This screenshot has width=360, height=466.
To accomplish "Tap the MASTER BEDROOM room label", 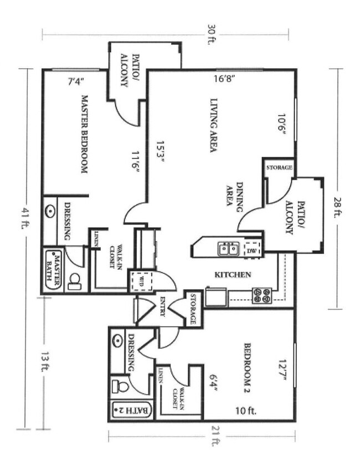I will click(x=85, y=134).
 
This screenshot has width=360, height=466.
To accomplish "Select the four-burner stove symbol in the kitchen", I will click(x=262, y=295).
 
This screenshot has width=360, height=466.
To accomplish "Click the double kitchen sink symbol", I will click(x=229, y=249).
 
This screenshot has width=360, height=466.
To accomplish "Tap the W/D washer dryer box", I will click(x=139, y=281).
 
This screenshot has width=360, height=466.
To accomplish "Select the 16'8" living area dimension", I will click(x=225, y=78).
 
